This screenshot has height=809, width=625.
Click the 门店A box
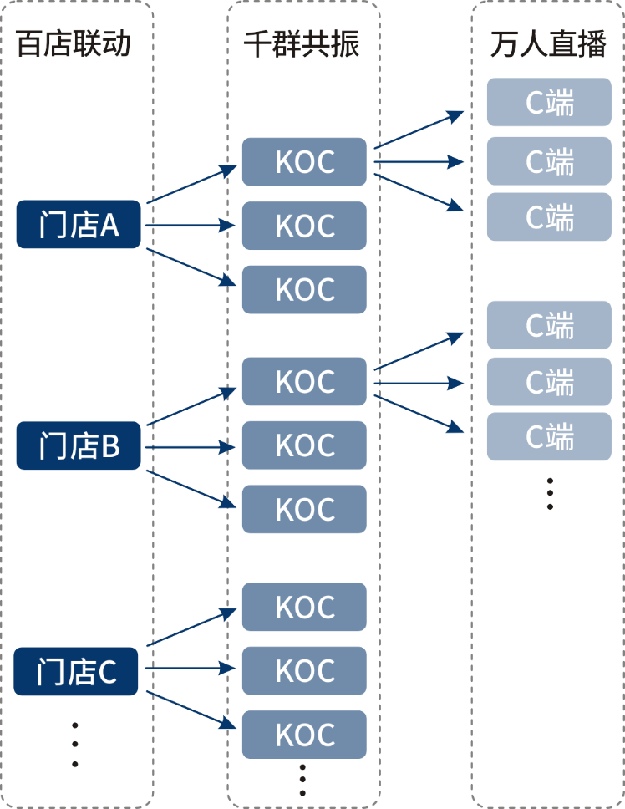coord(79,225)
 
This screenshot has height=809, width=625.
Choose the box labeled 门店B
coord(79,446)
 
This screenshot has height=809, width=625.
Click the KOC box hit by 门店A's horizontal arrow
coord(304,226)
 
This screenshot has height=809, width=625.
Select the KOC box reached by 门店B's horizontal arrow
coord(304,445)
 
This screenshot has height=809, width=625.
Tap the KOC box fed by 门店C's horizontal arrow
coord(304,670)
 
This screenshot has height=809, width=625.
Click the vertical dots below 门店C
coord(75,744)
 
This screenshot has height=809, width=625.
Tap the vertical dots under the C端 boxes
coord(550,493)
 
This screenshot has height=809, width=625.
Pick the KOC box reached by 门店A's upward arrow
coord(304,162)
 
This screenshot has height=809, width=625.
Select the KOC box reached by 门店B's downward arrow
coord(304,509)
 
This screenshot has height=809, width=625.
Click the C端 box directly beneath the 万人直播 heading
coord(549,102)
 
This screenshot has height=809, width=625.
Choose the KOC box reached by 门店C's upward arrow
coord(304,607)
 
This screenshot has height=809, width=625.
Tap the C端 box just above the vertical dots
coord(549,436)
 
